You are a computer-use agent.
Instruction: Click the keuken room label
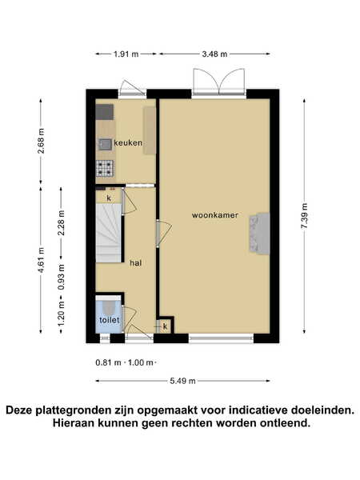(x=128, y=142)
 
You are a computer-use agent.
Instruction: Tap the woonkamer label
(x=215, y=215)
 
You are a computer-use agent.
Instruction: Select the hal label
(x=136, y=263)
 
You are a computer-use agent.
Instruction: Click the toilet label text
(x=110, y=320)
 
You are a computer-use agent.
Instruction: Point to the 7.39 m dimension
(x=305, y=216)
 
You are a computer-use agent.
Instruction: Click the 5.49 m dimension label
(x=182, y=381)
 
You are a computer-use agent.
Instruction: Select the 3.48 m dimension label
(x=214, y=54)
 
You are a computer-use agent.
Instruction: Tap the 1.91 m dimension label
(x=126, y=54)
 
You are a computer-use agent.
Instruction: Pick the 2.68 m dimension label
(x=41, y=141)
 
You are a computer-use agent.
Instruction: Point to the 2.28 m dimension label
(x=62, y=222)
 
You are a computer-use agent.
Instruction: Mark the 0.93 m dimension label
(x=62, y=277)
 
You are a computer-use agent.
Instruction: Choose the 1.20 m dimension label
(x=62, y=314)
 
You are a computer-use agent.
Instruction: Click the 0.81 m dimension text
(x=108, y=362)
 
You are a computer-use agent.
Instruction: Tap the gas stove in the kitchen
(x=105, y=169)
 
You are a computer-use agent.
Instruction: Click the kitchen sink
(x=105, y=144)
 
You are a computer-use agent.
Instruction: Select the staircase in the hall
(x=108, y=234)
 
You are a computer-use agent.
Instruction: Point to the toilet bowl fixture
(x=109, y=306)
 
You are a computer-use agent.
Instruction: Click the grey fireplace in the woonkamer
(x=259, y=234)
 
